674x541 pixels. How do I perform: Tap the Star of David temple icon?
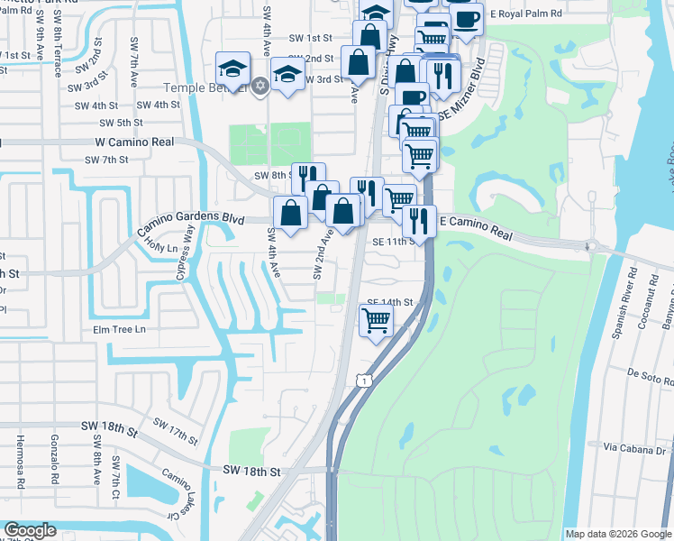point(261,86)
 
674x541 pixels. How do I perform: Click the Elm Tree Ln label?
point(119,330)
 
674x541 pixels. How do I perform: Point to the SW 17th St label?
point(175,431)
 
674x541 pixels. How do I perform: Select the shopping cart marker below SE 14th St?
point(376,319)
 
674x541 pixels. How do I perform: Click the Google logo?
point(30,529)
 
